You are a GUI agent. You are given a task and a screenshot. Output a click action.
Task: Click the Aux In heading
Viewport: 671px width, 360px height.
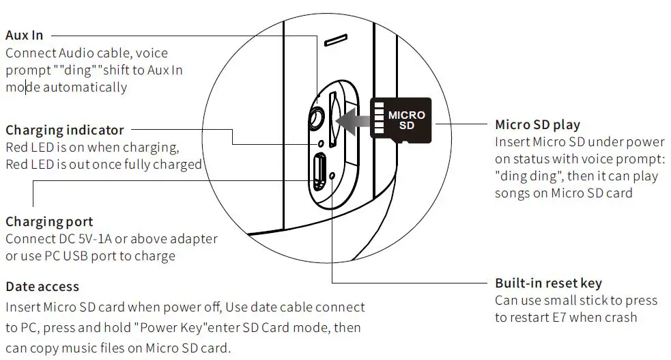pyautogui.click(x=24, y=35)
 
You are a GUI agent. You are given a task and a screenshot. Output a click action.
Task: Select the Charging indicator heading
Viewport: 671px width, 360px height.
pyautogui.click(x=65, y=130)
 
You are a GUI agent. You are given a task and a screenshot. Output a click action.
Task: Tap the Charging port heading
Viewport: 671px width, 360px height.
pyautogui.click(x=49, y=222)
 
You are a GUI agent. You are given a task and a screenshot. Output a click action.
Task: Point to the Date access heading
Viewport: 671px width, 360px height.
pyautogui.click(x=42, y=287)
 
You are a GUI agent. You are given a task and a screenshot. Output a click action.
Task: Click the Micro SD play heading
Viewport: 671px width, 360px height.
pyautogui.click(x=537, y=124)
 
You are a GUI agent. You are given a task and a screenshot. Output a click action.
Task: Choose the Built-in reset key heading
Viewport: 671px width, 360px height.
pyautogui.click(x=548, y=283)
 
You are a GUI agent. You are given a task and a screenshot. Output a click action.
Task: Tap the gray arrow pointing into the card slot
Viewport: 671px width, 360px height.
pyautogui.click(x=355, y=120)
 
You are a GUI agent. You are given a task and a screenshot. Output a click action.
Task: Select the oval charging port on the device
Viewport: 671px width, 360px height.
pyautogui.click(x=319, y=173)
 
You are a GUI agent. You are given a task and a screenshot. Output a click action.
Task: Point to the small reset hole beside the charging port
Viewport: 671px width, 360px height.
pyautogui.click(x=332, y=176)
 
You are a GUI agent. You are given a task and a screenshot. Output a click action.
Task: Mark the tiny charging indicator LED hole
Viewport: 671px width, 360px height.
pyautogui.click(x=321, y=143)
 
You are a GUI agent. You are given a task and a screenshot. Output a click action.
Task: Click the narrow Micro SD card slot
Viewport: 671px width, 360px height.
pyautogui.click(x=334, y=120)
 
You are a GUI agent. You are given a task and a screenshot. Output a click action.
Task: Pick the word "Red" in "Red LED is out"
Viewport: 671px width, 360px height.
pyautogui.click(x=16, y=165)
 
